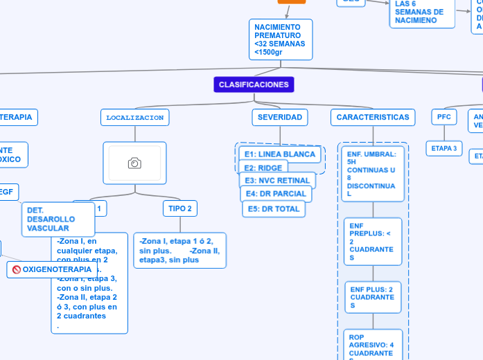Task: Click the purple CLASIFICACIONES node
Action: tap(254, 84)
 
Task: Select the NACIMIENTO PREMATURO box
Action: tap(280, 39)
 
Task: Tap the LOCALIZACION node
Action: tap(134, 118)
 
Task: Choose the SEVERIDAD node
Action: tap(279, 118)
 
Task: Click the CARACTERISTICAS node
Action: tap(373, 118)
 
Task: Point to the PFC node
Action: tap(444, 117)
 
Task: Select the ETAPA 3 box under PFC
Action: tap(444, 148)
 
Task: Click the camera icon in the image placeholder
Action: tap(134, 163)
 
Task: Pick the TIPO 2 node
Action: tap(180, 208)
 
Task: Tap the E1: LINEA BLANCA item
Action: tap(280, 154)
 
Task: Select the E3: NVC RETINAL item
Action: tap(277, 181)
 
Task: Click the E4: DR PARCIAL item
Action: tap(276, 194)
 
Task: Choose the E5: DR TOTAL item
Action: tap(273, 208)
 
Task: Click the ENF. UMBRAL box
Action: tap(371, 173)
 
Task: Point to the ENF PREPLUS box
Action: tap(372, 242)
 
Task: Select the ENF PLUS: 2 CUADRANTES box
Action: tap(372, 297)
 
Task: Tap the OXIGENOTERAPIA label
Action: tap(57, 269)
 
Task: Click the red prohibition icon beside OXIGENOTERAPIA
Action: tap(17, 269)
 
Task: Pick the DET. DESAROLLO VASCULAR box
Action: tap(58, 219)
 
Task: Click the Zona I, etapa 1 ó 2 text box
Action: tap(179, 250)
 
